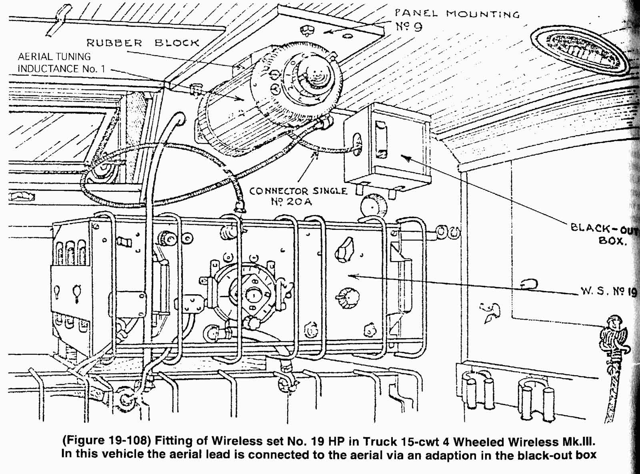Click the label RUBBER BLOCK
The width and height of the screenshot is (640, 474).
point(142,42)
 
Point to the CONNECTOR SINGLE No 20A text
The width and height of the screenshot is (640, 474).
point(298,196)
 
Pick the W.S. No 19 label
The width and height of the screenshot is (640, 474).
point(608,291)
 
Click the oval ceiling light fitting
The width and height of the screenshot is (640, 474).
point(580,50)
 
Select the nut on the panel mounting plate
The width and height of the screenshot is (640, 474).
point(307,30)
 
